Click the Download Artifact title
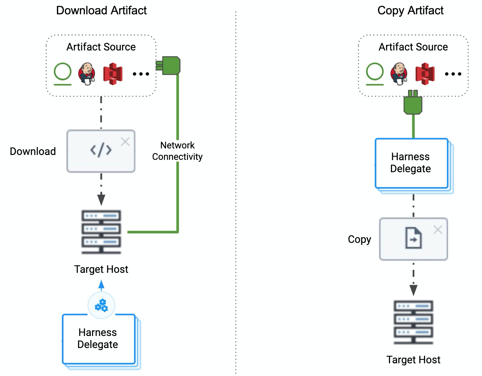pyautogui.click(x=101, y=10)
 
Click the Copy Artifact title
pyautogui.click(x=410, y=10)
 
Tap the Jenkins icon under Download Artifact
pyautogui.click(x=87, y=74)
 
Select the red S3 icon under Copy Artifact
pyautogui.click(x=425, y=74)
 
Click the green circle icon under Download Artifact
pyautogui.click(x=62, y=72)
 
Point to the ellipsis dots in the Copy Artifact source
pyautogui.click(x=453, y=74)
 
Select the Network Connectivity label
pyautogui.click(x=177, y=151)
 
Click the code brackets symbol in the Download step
pyautogui.click(x=101, y=150)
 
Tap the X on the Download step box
pyautogui.click(x=125, y=142)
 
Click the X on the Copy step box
pyautogui.click(x=438, y=230)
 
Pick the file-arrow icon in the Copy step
pyautogui.click(x=413, y=238)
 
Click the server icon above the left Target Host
pyautogui.click(x=101, y=232)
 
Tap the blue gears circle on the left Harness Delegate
pyautogui.click(x=101, y=306)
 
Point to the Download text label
pyautogui.click(x=33, y=151)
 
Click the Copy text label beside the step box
pyautogui.click(x=359, y=239)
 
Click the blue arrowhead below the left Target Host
pyautogui.click(x=101, y=285)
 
